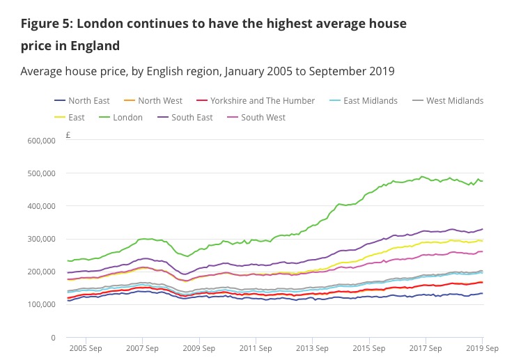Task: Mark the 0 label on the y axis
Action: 53,338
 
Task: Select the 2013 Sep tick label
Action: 312,348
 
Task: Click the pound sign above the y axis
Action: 68,135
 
